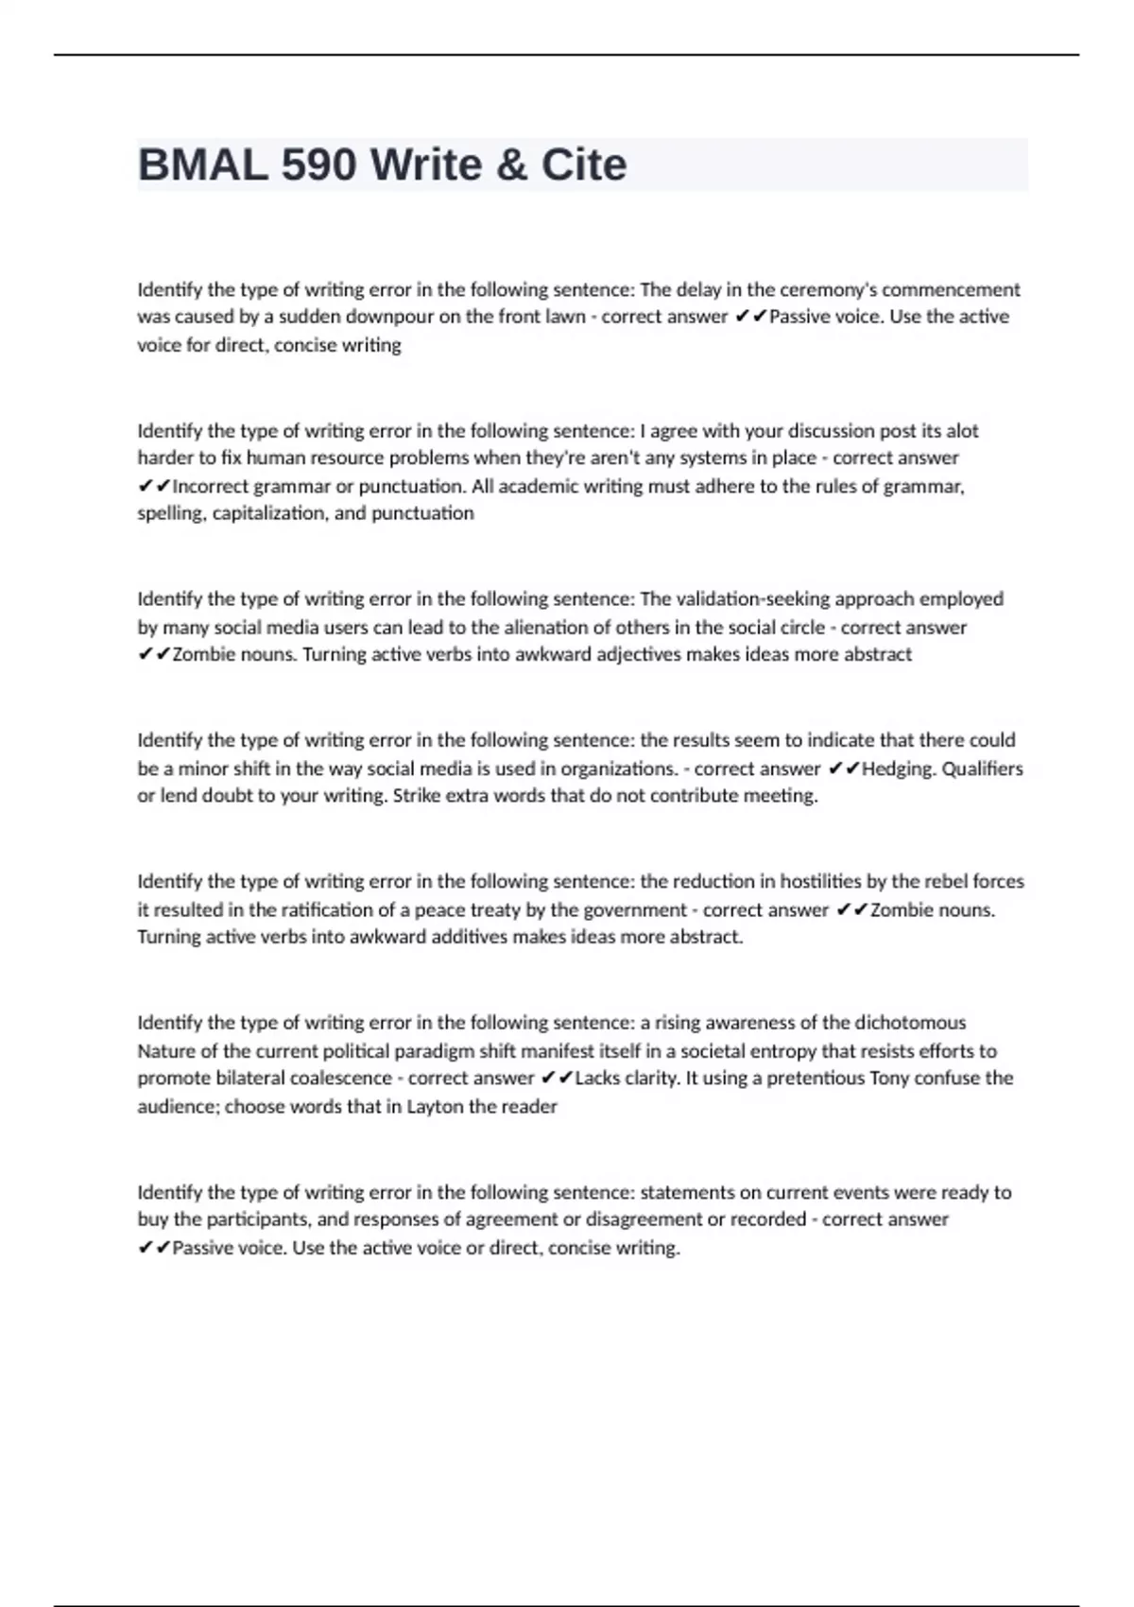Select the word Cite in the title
[583, 165]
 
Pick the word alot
[962, 431]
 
